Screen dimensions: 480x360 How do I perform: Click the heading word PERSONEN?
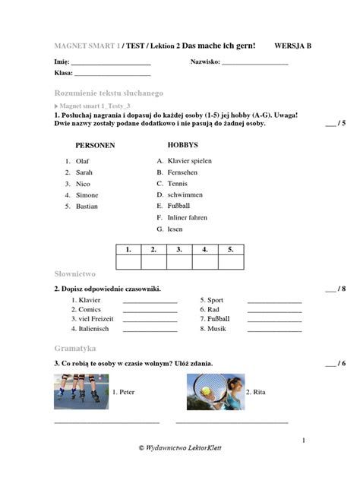coord(95,144)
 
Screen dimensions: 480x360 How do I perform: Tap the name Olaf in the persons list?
coord(82,162)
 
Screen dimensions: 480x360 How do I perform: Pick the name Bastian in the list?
coord(87,206)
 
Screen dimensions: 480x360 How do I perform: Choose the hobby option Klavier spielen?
coord(189,161)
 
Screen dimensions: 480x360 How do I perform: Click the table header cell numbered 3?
coord(178,249)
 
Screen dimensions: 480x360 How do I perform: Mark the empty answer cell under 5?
coord(230,262)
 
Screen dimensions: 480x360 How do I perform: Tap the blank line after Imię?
coord(113,62)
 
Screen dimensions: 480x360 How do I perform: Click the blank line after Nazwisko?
coord(255,62)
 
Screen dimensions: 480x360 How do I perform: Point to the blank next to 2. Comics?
coord(150,310)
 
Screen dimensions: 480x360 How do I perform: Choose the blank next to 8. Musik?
coord(274,330)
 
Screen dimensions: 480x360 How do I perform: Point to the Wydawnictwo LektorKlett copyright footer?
coord(180,448)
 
